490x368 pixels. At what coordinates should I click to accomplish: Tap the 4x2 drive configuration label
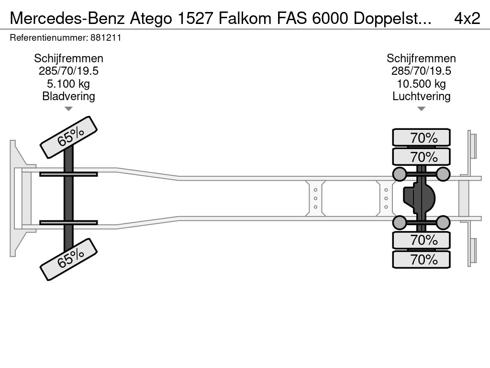467,18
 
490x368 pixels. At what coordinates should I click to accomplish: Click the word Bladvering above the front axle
68,96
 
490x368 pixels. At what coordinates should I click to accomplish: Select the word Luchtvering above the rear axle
421,96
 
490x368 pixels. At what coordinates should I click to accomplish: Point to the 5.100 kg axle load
68,84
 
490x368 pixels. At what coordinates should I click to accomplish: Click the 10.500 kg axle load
421,84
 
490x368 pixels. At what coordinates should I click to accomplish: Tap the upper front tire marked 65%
68,137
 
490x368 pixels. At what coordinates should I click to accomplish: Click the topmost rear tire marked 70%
421,138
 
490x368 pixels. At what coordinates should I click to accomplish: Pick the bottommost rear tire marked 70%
421,260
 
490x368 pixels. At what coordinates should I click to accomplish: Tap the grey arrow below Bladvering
68,109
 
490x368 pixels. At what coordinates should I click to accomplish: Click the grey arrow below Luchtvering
421,109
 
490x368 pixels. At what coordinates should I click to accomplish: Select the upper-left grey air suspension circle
399,174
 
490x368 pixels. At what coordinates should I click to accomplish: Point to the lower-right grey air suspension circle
443,222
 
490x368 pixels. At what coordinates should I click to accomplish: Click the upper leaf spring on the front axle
68,174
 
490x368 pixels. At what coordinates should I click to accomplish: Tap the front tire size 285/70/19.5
68,71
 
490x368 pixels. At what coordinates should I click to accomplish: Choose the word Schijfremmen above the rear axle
421,58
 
